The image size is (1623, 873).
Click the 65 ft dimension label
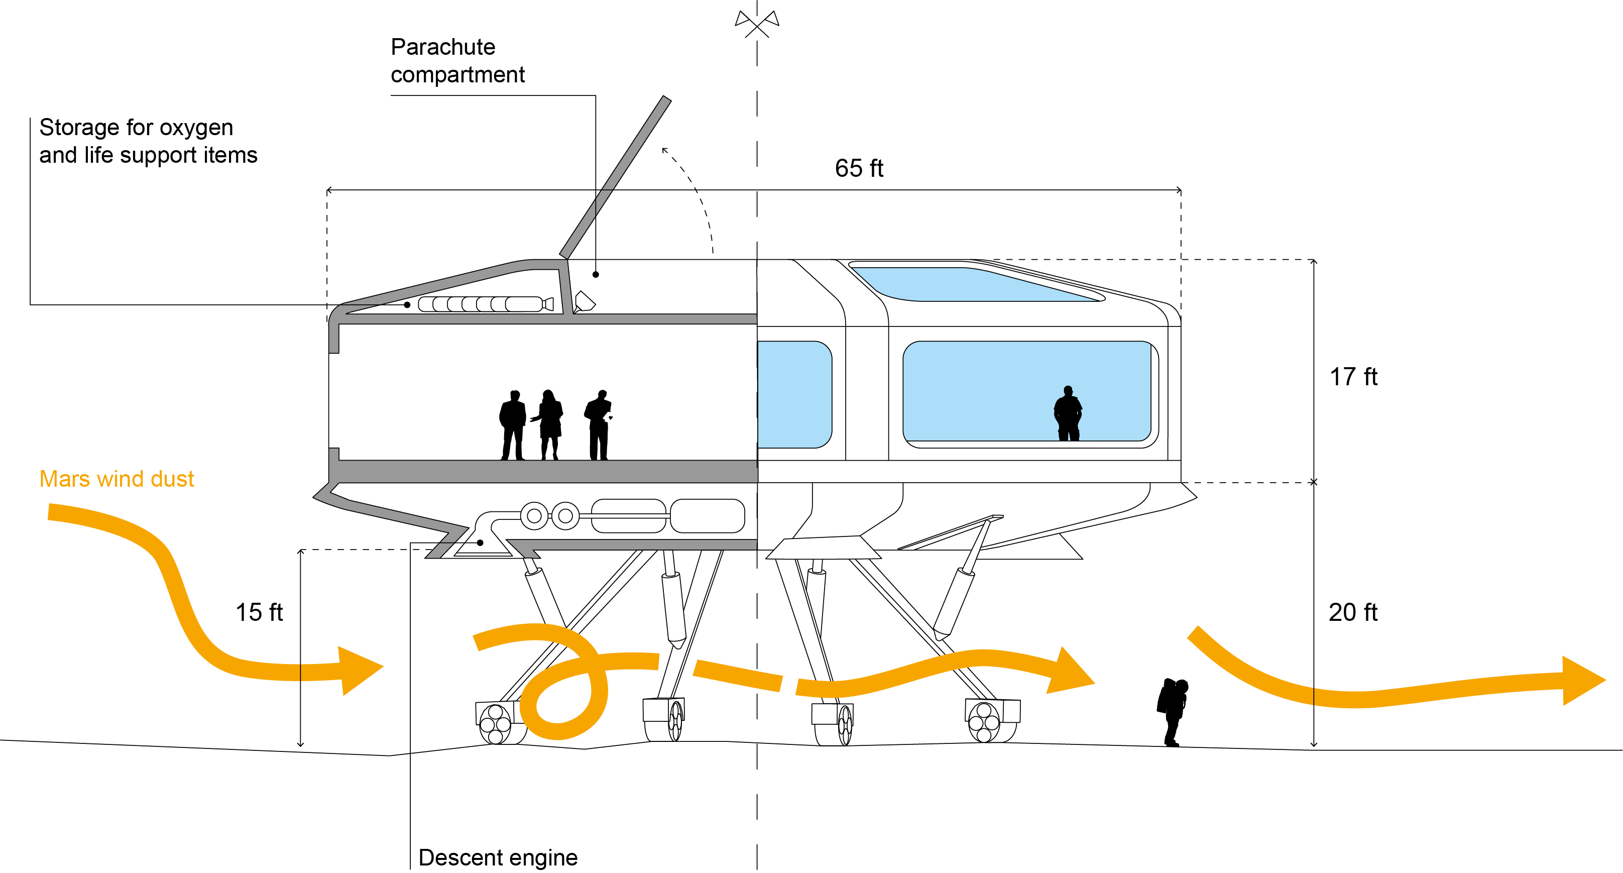[x=859, y=168]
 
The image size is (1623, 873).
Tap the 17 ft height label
[x=1353, y=377]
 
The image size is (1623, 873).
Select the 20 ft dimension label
[x=1353, y=612]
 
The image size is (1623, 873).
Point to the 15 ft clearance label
[x=259, y=612]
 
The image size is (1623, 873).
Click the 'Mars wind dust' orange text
[x=117, y=479]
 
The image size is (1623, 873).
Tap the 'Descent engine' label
[x=498, y=857]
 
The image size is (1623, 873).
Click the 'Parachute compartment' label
[x=457, y=60]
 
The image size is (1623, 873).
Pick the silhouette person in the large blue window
[x=1068, y=413]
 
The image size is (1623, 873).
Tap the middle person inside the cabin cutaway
[x=549, y=424]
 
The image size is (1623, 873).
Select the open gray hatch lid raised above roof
[x=616, y=176]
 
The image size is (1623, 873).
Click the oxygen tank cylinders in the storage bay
[x=482, y=304]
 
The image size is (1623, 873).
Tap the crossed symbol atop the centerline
[x=757, y=23]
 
